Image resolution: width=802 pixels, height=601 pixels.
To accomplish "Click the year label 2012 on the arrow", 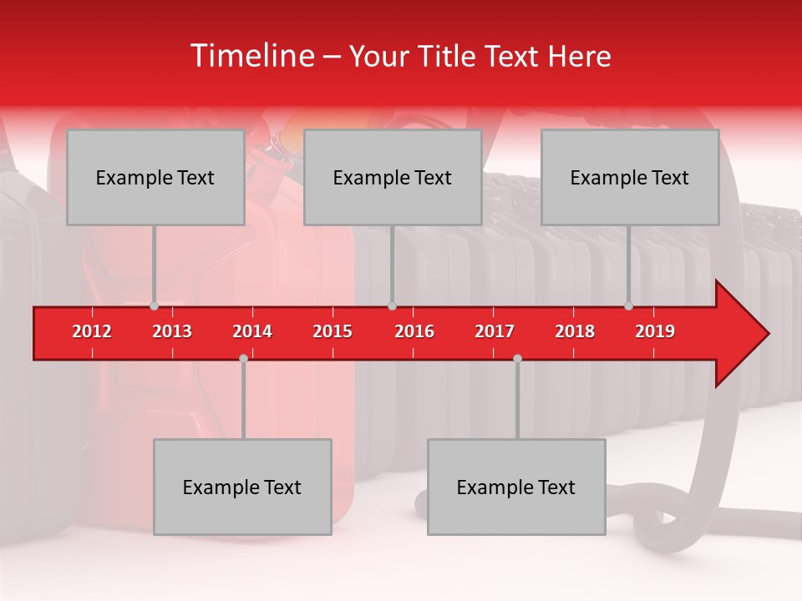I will click(92, 331).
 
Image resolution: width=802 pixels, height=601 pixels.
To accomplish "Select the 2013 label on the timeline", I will click(172, 331).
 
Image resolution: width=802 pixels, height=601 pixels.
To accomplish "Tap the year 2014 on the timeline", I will click(252, 331).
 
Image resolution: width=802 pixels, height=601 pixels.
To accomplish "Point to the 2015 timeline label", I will click(332, 331).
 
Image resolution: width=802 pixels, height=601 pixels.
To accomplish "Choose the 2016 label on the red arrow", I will click(414, 331).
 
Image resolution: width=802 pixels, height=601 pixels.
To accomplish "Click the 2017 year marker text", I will click(495, 331).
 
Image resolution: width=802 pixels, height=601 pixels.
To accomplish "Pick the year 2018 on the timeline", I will click(575, 331).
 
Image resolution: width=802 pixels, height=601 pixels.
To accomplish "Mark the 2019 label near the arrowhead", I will click(655, 331).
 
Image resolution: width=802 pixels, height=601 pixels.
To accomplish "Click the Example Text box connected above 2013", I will click(155, 177).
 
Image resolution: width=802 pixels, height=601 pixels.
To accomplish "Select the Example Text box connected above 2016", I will click(393, 177).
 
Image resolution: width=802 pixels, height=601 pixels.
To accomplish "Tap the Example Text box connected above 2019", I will click(630, 177).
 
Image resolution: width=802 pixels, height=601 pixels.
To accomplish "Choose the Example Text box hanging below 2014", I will click(242, 487).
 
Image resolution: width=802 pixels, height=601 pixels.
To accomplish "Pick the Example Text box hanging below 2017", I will click(516, 487).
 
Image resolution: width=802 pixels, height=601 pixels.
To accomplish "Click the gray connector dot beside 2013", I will click(155, 306).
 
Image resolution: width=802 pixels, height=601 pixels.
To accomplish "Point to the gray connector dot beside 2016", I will click(392, 306).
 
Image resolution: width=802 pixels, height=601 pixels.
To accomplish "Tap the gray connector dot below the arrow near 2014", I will click(243, 358).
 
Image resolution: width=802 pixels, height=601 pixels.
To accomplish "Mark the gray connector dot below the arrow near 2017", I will click(517, 358).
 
